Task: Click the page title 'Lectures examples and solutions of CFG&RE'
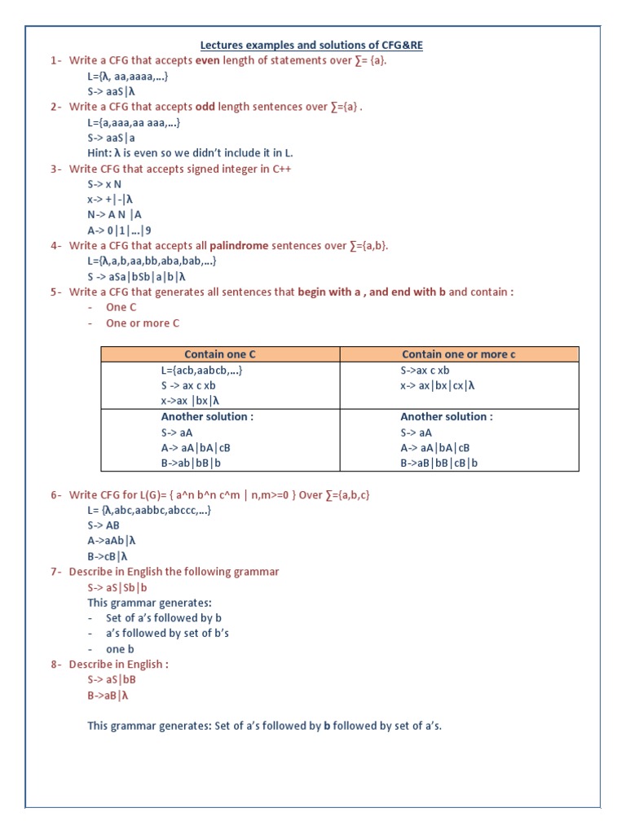point(312,45)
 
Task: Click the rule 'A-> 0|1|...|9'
point(120,230)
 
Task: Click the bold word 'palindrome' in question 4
point(239,245)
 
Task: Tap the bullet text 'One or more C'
point(143,323)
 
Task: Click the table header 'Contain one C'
point(220,354)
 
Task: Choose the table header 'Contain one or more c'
point(459,354)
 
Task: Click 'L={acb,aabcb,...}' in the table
point(201,370)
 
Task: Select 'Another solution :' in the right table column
point(446,416)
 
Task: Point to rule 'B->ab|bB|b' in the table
point(191,463)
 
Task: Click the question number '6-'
point(56,494)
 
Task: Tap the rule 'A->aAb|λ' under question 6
point(112,541)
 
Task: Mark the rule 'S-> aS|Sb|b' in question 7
point(117,587)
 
